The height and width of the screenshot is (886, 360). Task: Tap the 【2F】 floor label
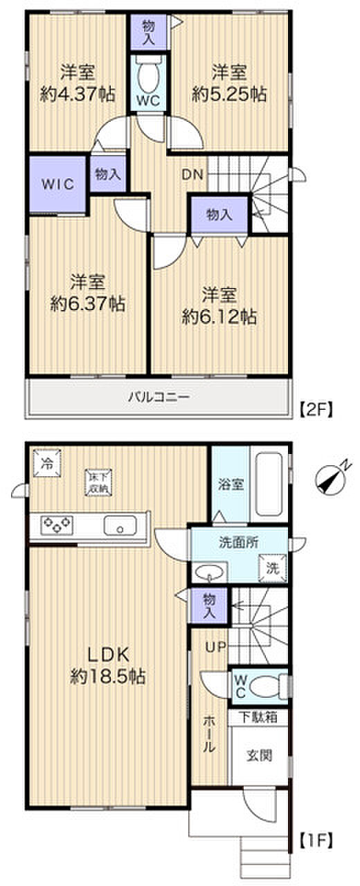317,409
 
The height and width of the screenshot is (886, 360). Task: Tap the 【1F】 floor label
317,842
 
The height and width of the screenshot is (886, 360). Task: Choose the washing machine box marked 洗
271,568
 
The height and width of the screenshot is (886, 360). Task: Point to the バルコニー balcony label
158,397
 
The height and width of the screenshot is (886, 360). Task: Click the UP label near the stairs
214,647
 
